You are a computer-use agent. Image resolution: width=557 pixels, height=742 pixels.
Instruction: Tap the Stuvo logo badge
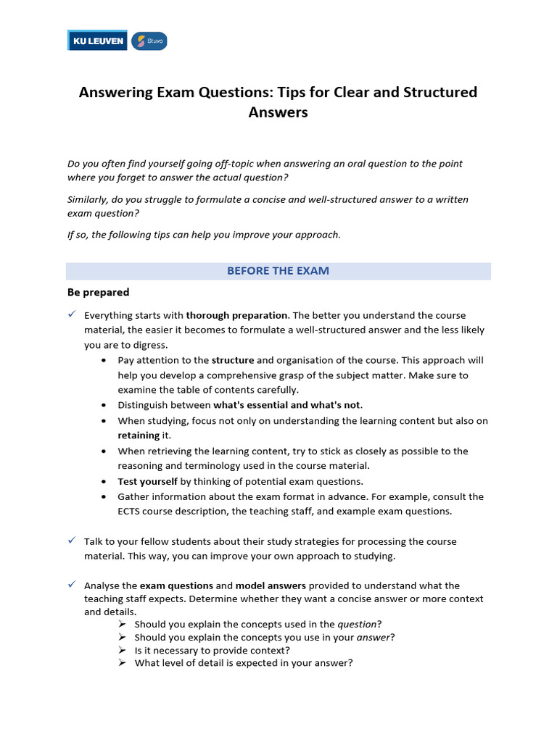tap(149, 41)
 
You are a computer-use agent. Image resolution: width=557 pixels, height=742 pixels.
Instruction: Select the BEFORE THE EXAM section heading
tap(278, 271)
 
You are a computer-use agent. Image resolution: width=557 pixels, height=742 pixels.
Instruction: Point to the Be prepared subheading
tap(98, 293)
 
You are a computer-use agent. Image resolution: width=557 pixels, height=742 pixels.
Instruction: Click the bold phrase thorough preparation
tap(237, 315)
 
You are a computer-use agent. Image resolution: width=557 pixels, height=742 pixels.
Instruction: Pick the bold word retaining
tap(139, 435)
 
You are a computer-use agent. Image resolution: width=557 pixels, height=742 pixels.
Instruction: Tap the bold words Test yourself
tap(148, 481)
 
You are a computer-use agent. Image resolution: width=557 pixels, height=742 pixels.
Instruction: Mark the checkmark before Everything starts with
tap(72, 314)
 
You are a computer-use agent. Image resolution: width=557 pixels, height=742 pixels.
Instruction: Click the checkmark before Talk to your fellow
tap(72, 541)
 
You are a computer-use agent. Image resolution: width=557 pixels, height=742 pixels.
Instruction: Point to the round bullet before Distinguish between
tap(105, 405)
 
